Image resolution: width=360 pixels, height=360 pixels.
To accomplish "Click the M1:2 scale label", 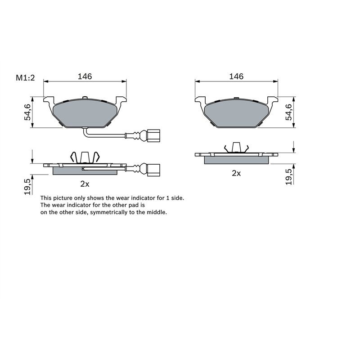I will pos(26,78).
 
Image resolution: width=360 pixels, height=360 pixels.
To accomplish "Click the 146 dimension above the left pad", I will pos(85,76).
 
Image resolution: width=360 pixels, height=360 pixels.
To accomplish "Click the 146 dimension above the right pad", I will pos(236,76).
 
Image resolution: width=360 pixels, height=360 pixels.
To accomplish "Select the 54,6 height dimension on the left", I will pos(27,112).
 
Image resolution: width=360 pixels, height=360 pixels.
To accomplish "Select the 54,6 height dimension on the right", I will pos(289,112).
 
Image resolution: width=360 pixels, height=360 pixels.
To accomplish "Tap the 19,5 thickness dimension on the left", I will pos(27,186).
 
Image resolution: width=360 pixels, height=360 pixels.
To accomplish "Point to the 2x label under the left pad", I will pos(85,184).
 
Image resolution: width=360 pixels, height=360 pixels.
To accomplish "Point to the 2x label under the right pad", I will pos(236,173).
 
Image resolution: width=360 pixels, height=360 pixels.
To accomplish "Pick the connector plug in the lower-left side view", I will pos(153,168).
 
